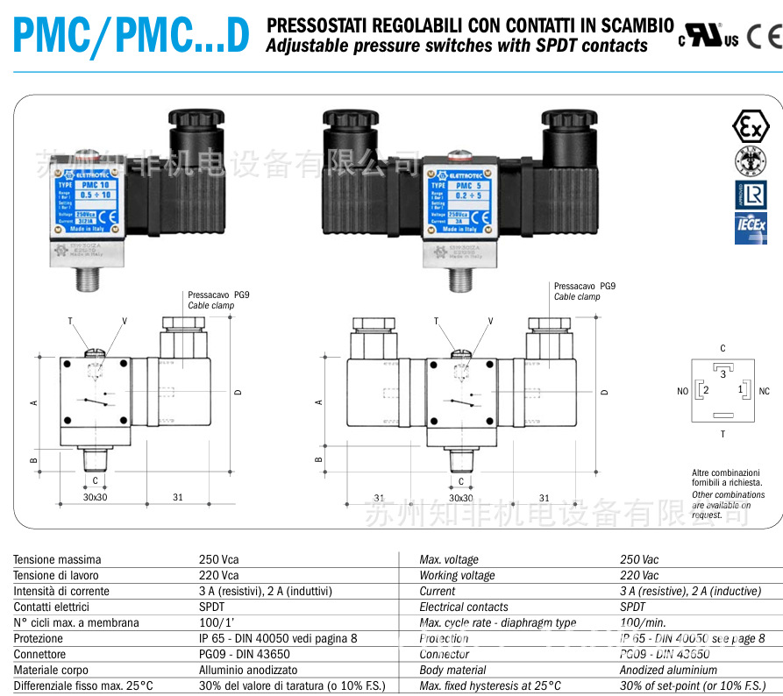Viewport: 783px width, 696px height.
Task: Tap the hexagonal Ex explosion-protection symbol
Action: (750, 127)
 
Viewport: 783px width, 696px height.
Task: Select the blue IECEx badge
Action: (750, 228)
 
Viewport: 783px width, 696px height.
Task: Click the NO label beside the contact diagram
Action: (682, 391)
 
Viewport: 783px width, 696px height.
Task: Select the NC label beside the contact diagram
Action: (764, 391)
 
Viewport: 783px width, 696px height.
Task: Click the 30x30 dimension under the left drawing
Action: (95, 497)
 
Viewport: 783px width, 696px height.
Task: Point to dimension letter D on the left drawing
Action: (238, 392)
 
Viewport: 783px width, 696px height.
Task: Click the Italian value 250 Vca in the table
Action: (218, 559)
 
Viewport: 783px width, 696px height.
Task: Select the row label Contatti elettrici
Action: (51, 607)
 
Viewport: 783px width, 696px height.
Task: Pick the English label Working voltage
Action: (457, 575)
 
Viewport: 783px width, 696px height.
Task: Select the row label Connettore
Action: (39, 654)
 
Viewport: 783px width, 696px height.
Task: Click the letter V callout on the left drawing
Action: (125, 321)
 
